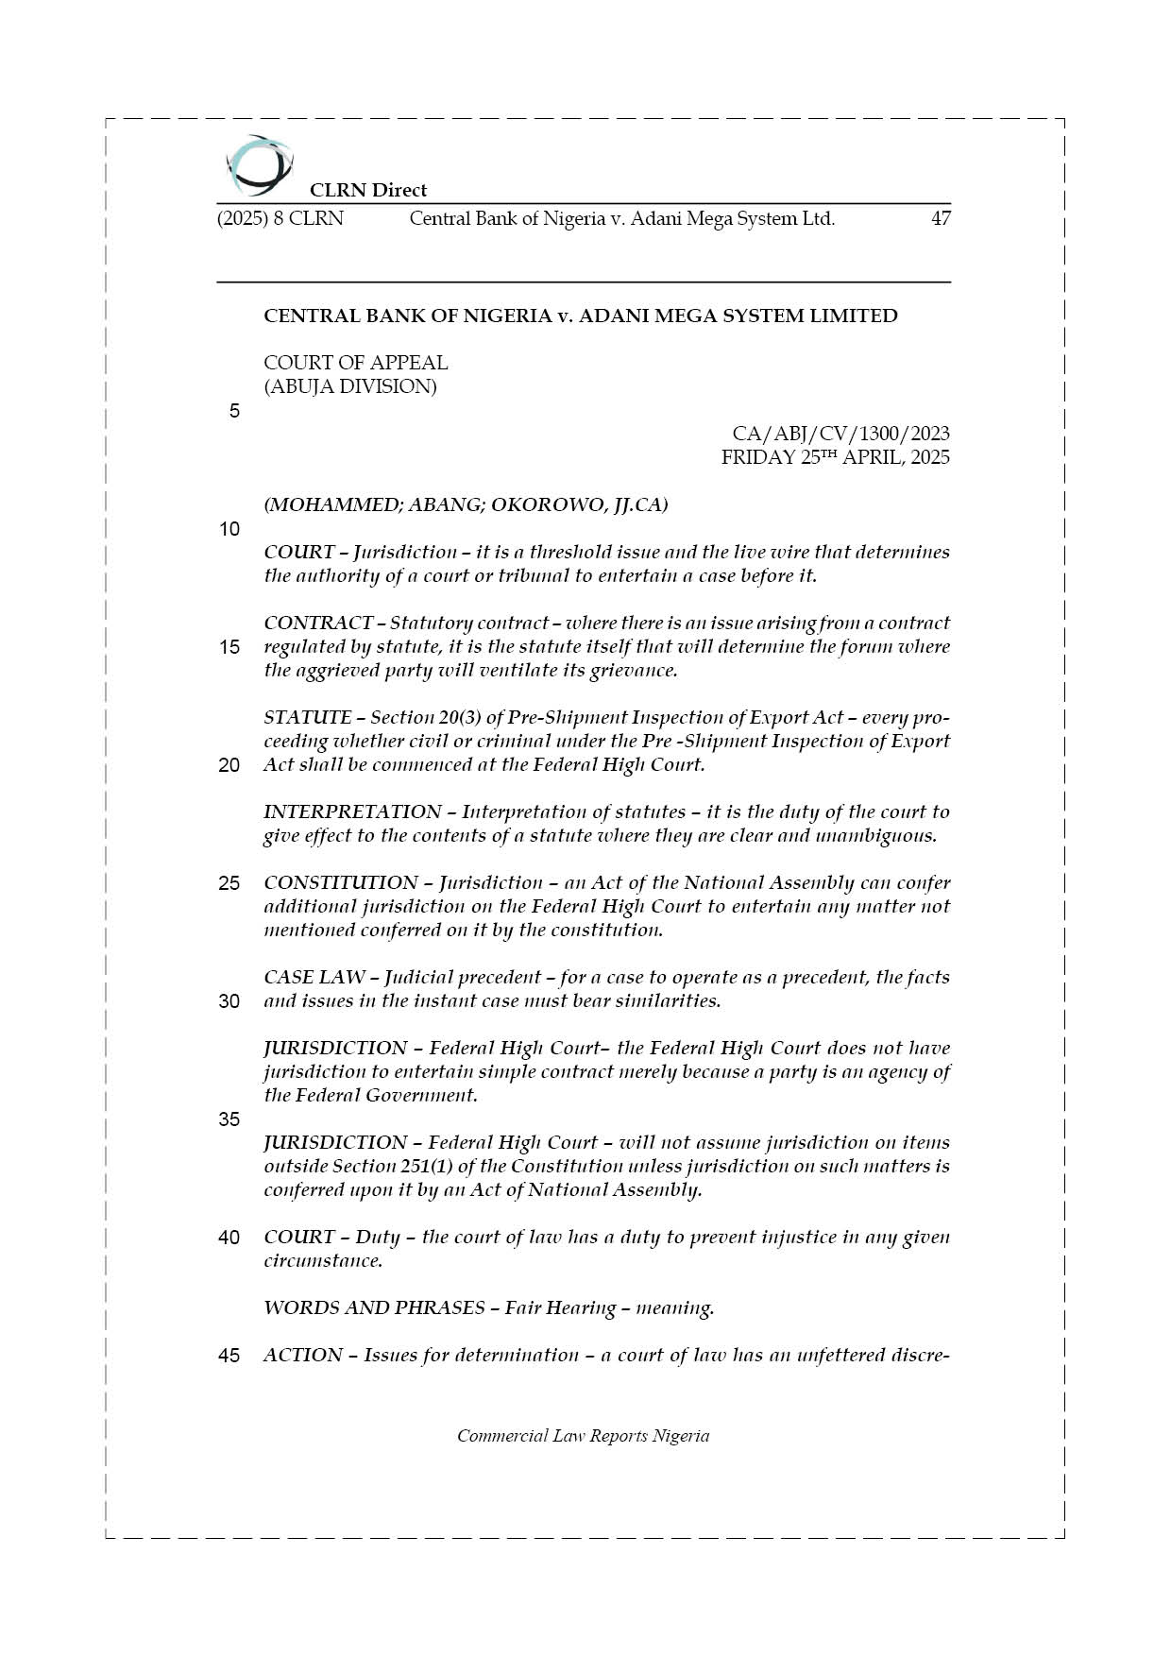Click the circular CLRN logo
click(259, 165)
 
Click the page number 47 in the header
click(941, 219)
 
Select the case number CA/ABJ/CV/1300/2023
click(840, 434)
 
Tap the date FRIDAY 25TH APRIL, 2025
click(835, 457)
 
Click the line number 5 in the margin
click(234, 411)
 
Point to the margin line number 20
click(229, 765)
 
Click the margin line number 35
click(229, 1119)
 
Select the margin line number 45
click(229, 1356)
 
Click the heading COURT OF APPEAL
click(356, 363)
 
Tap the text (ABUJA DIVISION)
click(350, 386)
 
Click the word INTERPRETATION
click(352, 812)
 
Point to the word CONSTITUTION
click(340, 883)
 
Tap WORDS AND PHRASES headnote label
click(374, 1308)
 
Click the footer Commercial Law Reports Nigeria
click(583, 1436)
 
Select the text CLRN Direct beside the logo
click(368, 190)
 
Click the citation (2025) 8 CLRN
click(280, 219)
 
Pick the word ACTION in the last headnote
click(303, 1356)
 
